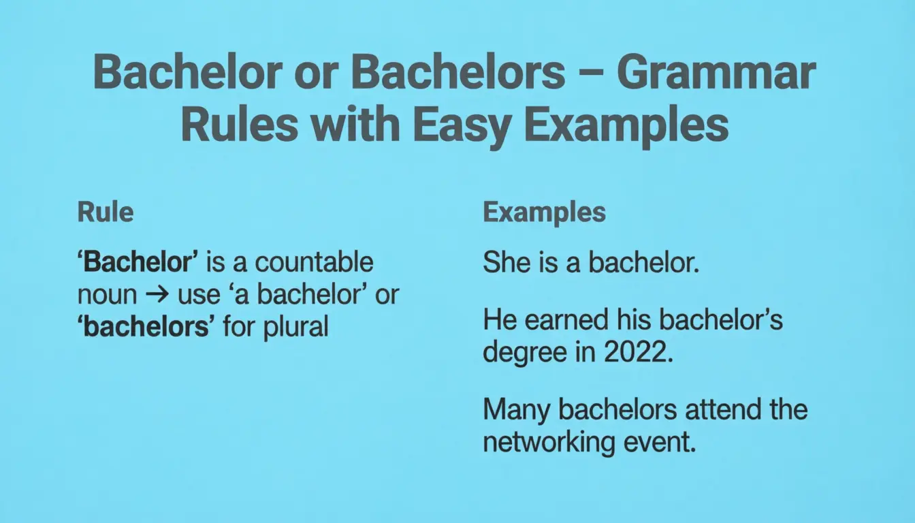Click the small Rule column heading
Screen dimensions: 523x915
[106, 212]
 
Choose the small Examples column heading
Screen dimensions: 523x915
[544, 212]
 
